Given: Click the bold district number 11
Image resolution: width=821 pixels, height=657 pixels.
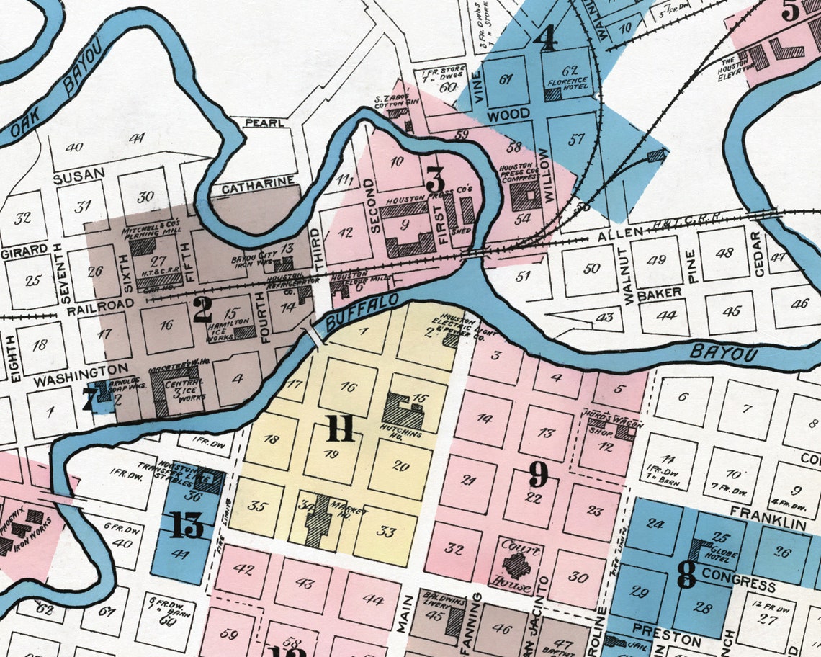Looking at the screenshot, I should coord(339,430).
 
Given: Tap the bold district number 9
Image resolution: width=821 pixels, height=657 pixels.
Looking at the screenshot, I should coord(539,475).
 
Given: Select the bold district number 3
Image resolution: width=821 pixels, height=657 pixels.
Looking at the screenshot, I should coord(435,179).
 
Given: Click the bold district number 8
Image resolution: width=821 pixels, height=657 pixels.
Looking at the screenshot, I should coord(686,574).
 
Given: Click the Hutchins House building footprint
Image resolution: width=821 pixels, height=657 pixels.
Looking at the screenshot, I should coord(402,411).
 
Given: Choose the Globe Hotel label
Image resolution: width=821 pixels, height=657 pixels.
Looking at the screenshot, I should coord(713,554).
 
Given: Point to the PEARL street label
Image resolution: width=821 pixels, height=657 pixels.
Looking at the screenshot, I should coord(264,123).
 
